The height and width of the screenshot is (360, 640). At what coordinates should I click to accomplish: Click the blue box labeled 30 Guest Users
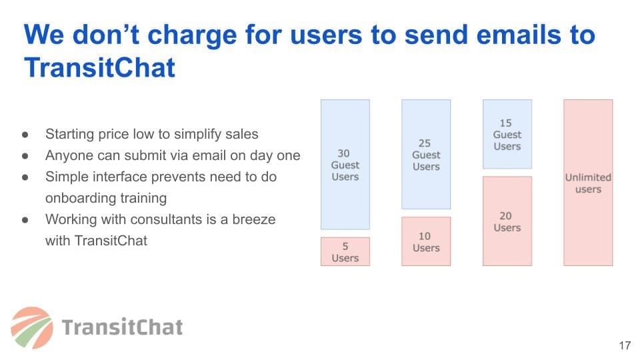[x=345, y=165]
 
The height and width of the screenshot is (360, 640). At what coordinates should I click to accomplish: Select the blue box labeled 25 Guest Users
[x=426, y=154]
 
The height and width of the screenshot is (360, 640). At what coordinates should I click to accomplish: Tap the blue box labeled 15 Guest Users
[x=507, y=134]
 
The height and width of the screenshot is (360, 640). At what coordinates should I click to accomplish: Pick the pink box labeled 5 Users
[x=345, y=251]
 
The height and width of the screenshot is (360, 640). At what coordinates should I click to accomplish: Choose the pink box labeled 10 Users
[x=426, y=241]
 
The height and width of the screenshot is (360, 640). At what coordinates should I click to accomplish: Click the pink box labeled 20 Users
[x=507, y=221]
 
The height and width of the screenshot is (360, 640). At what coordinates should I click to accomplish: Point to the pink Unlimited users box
[x=588, y=183]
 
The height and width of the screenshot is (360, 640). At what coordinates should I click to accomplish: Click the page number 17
[x=625, y=346]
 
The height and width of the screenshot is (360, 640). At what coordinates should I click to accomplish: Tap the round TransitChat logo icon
[x=32, y=328]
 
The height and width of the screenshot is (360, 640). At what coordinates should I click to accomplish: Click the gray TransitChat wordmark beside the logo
[x=122, y=327]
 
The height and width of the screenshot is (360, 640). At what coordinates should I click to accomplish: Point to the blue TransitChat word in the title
[x=99, y=67]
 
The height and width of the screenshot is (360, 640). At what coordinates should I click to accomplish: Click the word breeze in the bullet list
[x=253, y=219]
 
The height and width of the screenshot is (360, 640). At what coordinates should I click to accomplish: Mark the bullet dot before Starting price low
[x=25, y=134]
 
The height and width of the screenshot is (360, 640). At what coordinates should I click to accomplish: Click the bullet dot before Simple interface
[x=25, y=177]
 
